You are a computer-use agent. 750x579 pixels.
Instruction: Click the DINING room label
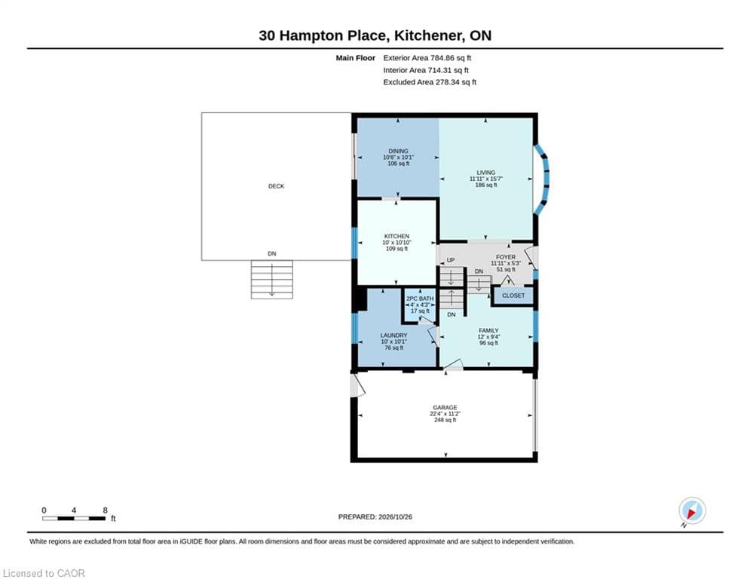pos(398,152)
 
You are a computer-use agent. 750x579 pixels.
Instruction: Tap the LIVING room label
pos(485,173)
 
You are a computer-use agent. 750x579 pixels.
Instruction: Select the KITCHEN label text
pos(396,237)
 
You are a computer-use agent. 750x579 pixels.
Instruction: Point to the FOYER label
pos(506,257)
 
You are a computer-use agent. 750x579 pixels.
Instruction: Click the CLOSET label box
pos(513,296)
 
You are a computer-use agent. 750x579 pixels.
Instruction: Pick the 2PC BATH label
pos(420,299)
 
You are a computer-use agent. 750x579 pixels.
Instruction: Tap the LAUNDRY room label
pos(393,335)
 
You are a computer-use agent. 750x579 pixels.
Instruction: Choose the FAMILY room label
pos(488,331)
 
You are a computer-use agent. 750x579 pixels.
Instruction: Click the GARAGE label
pos(445,408)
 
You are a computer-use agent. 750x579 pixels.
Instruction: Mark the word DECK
pos(276,186)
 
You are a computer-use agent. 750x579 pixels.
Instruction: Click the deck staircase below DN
pos(271,280)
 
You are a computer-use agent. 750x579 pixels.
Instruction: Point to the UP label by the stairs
pos(451,260)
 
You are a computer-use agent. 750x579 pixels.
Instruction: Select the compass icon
pos(692,510)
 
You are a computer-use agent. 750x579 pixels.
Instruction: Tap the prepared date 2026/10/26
pos(395,516)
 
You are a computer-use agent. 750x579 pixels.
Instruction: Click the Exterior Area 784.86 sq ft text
pos(427,58)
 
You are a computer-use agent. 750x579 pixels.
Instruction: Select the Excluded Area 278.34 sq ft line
pos(430,82)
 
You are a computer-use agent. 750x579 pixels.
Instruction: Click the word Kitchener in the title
pos(429,35)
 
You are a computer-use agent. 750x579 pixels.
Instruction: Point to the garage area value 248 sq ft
pos(445,420)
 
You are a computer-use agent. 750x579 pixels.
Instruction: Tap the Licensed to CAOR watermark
pos(44,573)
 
